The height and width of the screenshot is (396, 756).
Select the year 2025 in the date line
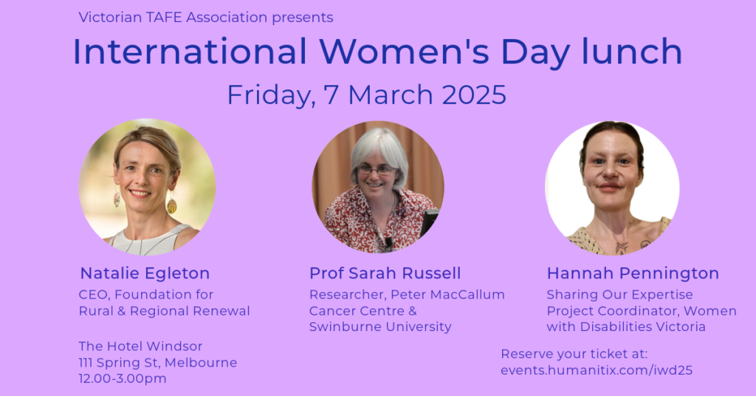pyautogui.click(x=474, y=94)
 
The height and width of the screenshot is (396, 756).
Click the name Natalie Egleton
pyautogui.click(x=145, y=273)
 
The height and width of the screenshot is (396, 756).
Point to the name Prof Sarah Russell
pyautogui.click(x=385, y=273)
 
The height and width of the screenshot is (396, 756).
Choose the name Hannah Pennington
pyautogui.click(x=633, y=273)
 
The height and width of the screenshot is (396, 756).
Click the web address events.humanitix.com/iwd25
pyautogui.click(x=597, y=370)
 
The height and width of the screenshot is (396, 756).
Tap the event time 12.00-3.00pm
pyautogui.click(x=123, y=378)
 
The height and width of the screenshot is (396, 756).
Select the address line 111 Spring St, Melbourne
pyautogui.click(x=158, y=363)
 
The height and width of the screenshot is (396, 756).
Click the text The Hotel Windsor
pyautogui.click(x=140, y=346)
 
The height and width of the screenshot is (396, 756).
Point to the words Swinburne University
pyautogui.click(x=380, y=327)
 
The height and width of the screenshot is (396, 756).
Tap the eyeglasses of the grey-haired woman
pyautogui.click(x=376, y=170)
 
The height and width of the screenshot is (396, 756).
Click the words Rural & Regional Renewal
pyautogui.click(x=165, y=311)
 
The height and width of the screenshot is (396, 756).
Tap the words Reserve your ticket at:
pyautogui.click(x=574, y=355)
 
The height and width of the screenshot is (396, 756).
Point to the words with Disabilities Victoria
pyautogui.click(x=626, y=327)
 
